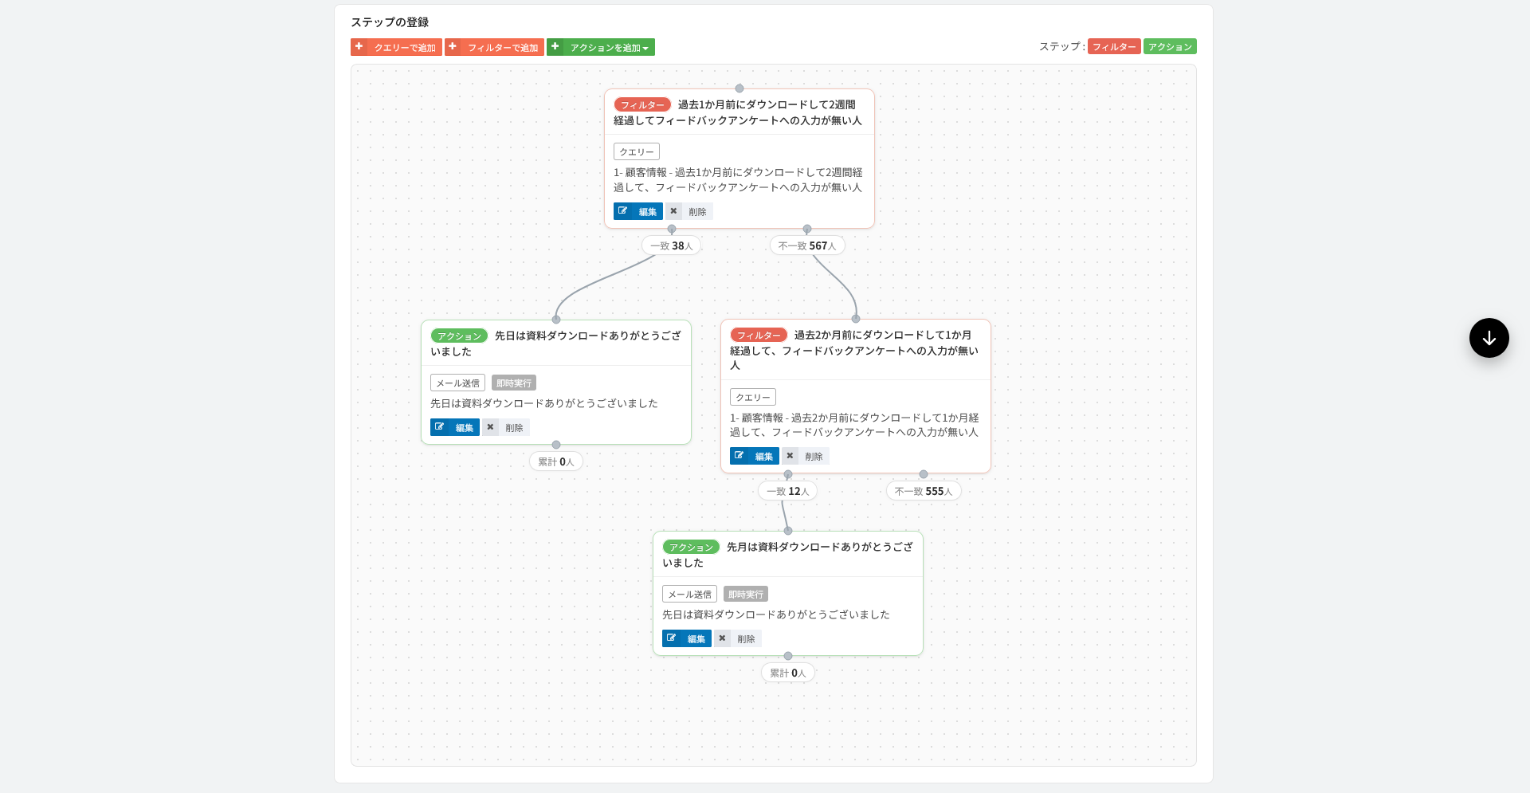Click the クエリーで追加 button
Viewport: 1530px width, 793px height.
(x=396, y=47)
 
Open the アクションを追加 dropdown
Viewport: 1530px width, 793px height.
(x=601, y=47)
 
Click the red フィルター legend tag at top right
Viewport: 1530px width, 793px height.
(x=1114, y=46)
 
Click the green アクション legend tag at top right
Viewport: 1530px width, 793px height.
(x=1170, y=46)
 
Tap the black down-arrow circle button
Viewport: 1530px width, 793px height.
(x=1489, y=338)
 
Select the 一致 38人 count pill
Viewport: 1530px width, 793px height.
(x=671, y=245)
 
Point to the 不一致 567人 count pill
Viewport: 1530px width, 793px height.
(x=807, y=245)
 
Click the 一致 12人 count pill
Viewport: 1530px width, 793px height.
(x=787, y=491)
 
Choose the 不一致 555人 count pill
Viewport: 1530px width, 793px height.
(x=924, y=491)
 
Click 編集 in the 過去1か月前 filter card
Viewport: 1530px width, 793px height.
(x=638, y=211)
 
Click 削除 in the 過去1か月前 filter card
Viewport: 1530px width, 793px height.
(x=689, y=211)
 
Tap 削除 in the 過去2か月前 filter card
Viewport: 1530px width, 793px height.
(x=806, y=456)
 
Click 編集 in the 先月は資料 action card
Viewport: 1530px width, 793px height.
(x=687, y=638)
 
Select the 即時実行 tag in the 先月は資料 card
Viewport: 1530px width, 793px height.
(x=746, y=594)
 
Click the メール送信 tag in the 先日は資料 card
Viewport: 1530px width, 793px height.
(x=457, y=383)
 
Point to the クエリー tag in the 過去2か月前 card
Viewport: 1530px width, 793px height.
(x=753, y=397)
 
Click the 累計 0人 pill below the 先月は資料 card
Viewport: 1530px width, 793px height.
(x=788, y=673)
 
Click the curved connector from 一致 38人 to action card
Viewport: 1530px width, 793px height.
(x=599, y=281)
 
